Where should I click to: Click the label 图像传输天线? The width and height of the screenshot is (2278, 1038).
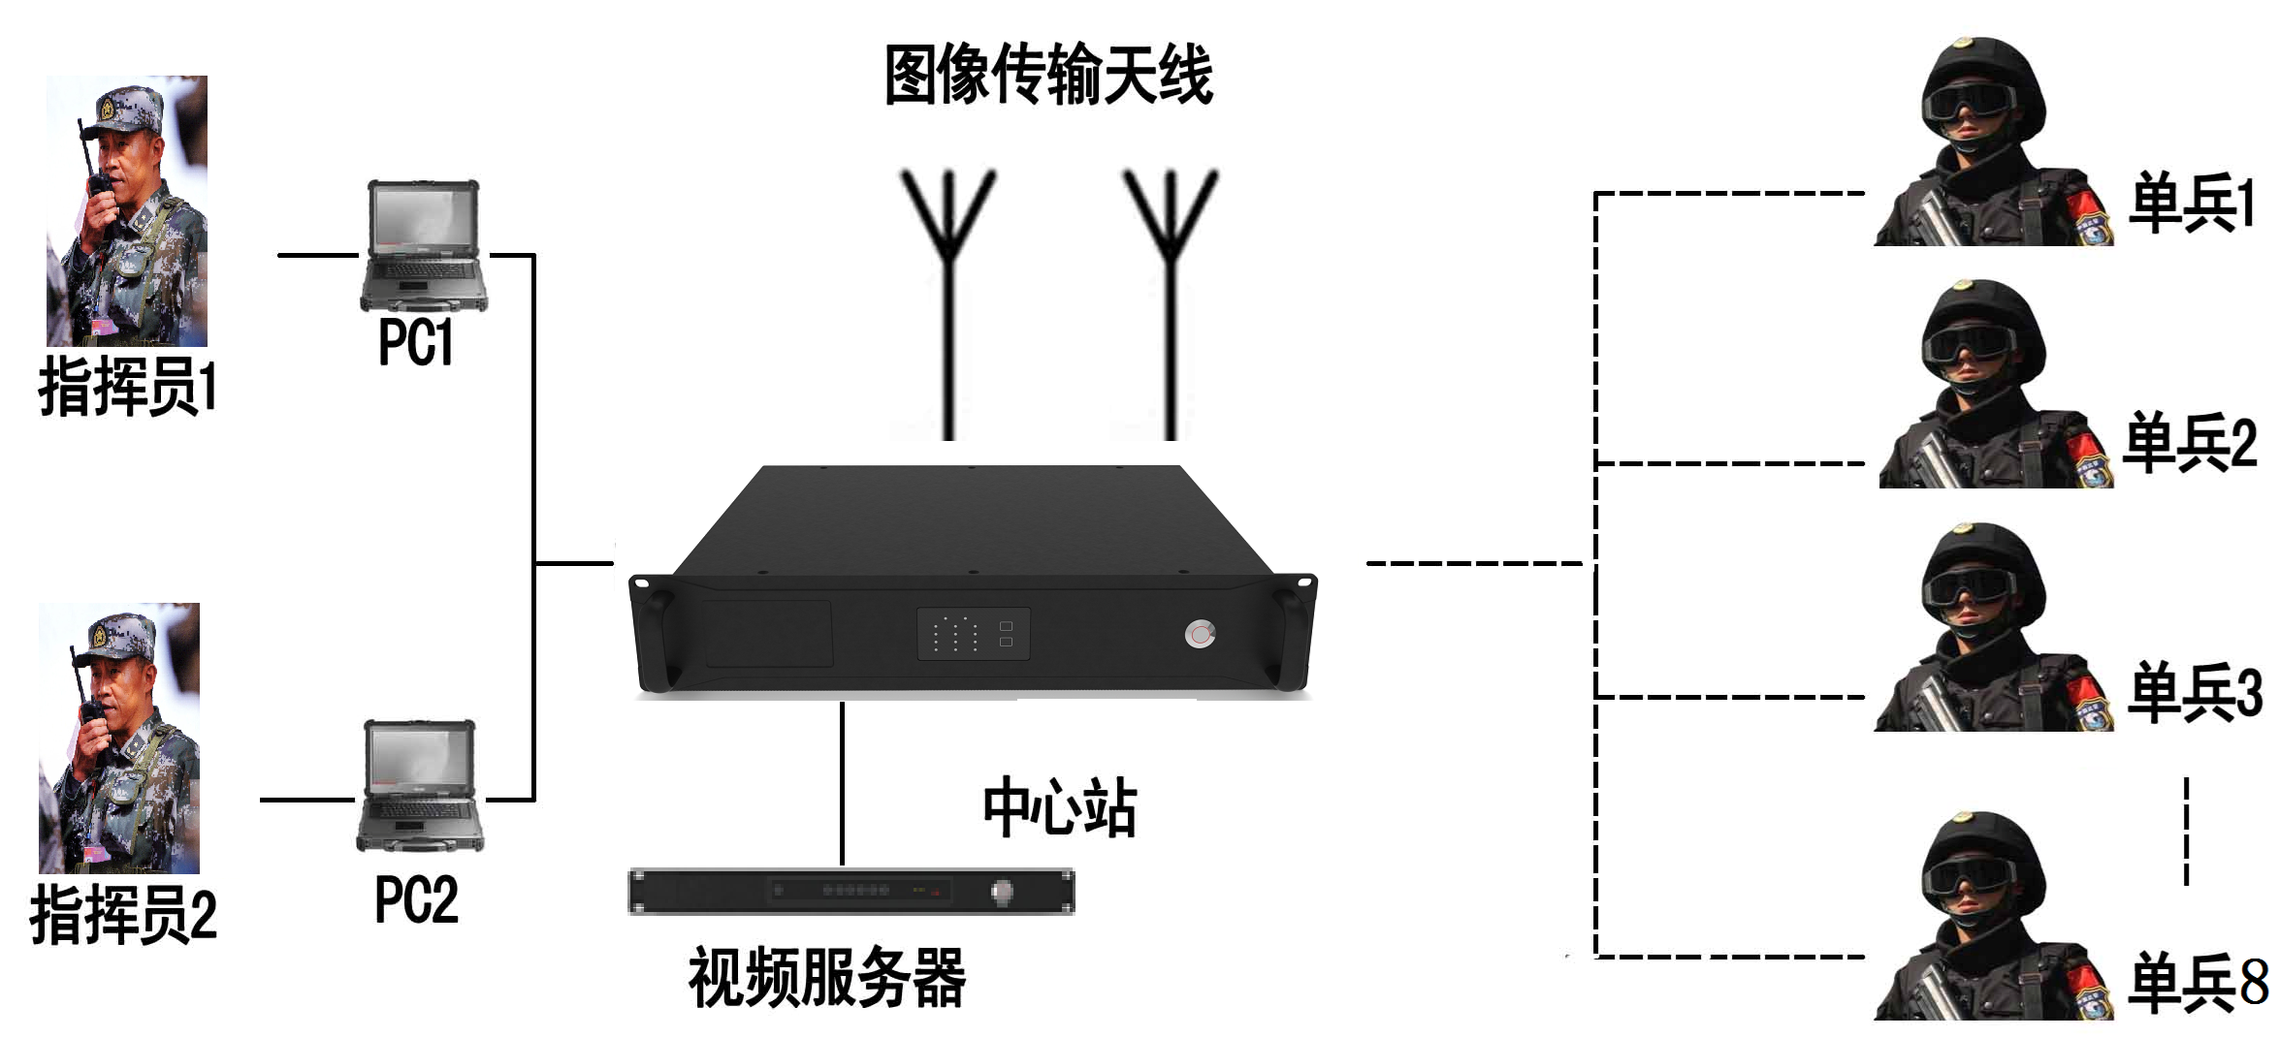(x=1047, y=75)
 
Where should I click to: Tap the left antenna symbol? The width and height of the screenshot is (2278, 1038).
(x=948, y=291)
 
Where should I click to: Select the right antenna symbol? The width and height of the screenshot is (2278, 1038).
(x=1170, y=291)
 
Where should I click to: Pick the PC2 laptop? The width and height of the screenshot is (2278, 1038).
(x=420, y=786)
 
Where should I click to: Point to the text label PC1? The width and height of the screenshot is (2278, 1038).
(x=416, y=342)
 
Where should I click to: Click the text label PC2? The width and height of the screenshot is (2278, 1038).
(x=416, y=899)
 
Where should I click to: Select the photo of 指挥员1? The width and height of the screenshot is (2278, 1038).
(x=127, y=211)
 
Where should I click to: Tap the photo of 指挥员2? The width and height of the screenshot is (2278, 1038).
(x=119, y=739)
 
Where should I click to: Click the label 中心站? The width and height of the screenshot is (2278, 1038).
(x=1059, y=806)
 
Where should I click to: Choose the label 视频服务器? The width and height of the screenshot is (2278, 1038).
(x=826, y=977)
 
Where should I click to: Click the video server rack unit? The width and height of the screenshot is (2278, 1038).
(x=851, y=892)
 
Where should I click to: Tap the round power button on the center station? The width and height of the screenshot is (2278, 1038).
(x=1200, y=635)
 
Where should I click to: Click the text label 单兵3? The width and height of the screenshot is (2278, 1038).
(x=2195, y=692)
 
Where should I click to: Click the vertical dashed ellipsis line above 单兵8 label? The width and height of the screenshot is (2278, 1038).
(x=2186, y=831)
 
